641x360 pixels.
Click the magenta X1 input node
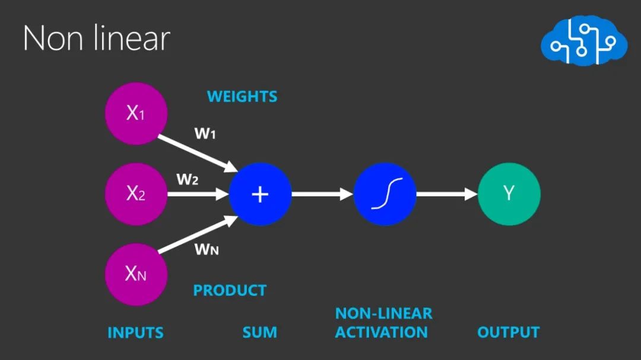pos(136,113)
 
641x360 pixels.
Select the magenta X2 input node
pos(136,194)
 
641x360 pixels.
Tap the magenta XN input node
pos(136,274)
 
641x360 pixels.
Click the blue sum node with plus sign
pos(260,194)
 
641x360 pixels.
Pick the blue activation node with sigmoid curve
pos(385,194)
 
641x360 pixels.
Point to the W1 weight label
pos(205,134)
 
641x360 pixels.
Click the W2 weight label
pos(187,179)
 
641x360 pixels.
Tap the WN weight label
pos(207,249)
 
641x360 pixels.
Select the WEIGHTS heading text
pos(242,96)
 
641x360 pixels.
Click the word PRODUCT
pos(230,291)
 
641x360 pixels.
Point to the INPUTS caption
pos(135,333)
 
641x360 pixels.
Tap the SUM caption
pos(259,333)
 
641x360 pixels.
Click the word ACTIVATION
pos(381,332)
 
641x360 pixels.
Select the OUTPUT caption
pos(508,332)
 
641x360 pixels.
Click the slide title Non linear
pos(96,39)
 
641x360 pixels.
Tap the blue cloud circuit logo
pos(583,42)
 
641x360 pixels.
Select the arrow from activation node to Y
pos(446,194)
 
